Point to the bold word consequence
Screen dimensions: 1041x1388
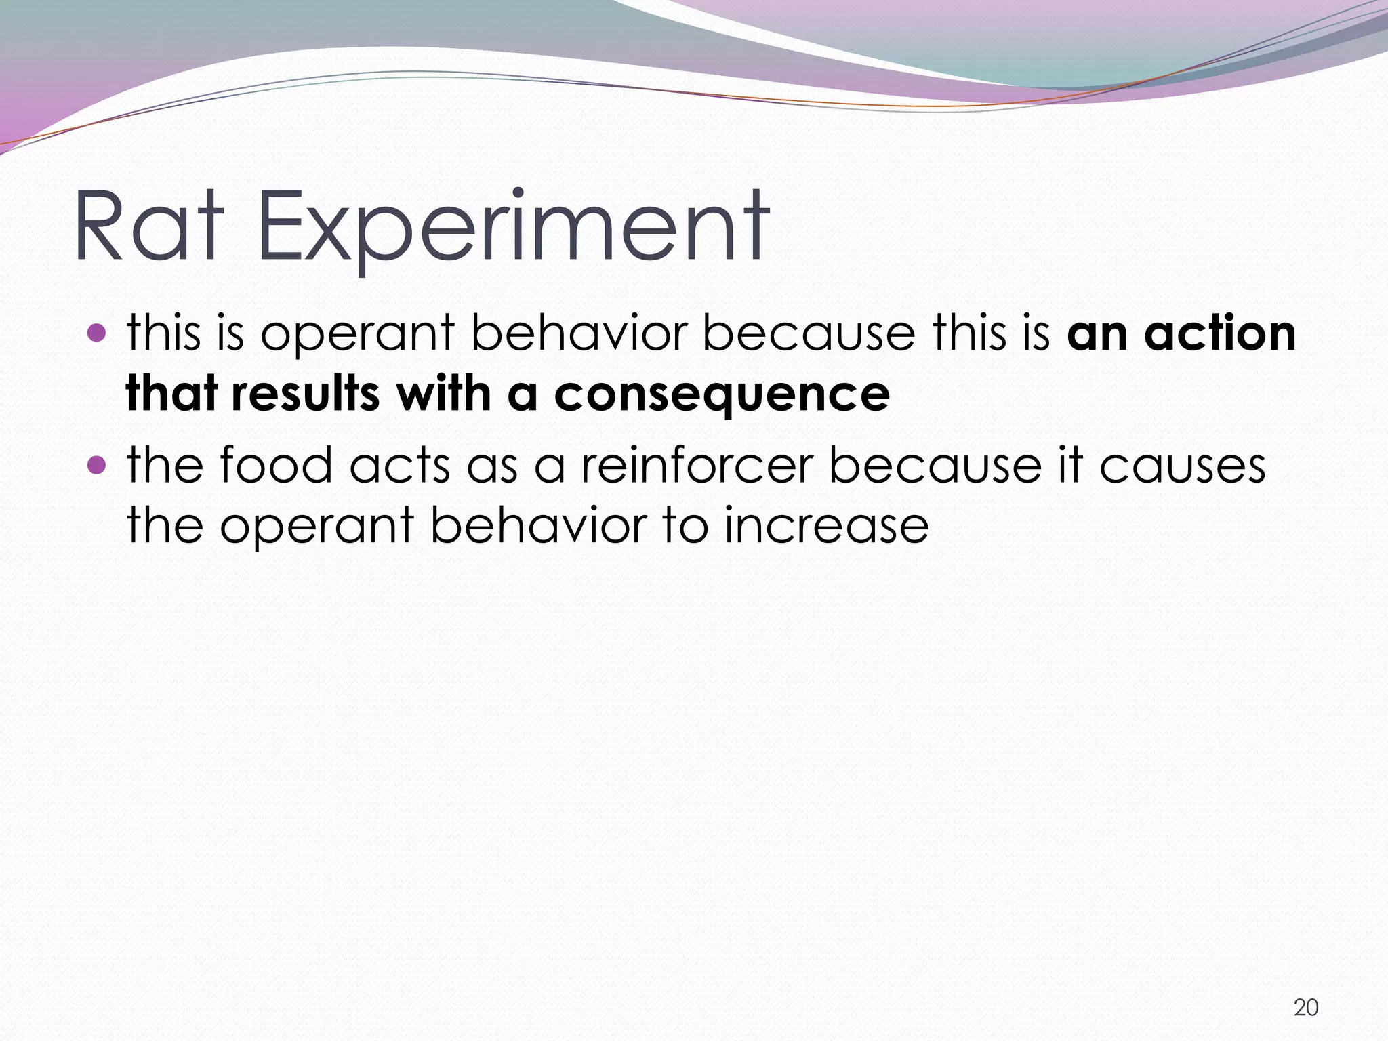(x=722, y=395)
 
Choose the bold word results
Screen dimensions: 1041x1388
(x=305, y=394)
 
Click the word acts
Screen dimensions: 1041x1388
(x=400, y=466)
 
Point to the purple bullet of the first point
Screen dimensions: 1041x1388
(x=98, y=333)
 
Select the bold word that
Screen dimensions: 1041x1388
(x=170, y=394)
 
